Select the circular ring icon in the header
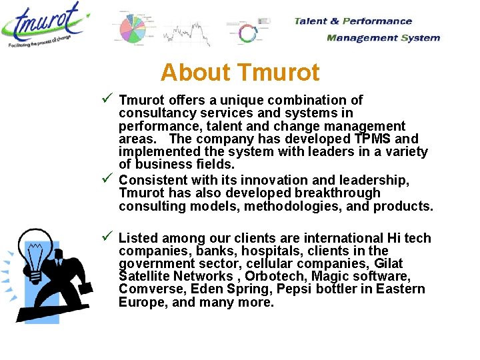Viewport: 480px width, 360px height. tap(247, 33)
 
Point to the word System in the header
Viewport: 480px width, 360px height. tap(420, 37)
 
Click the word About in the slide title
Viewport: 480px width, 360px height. tap(196, 72)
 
